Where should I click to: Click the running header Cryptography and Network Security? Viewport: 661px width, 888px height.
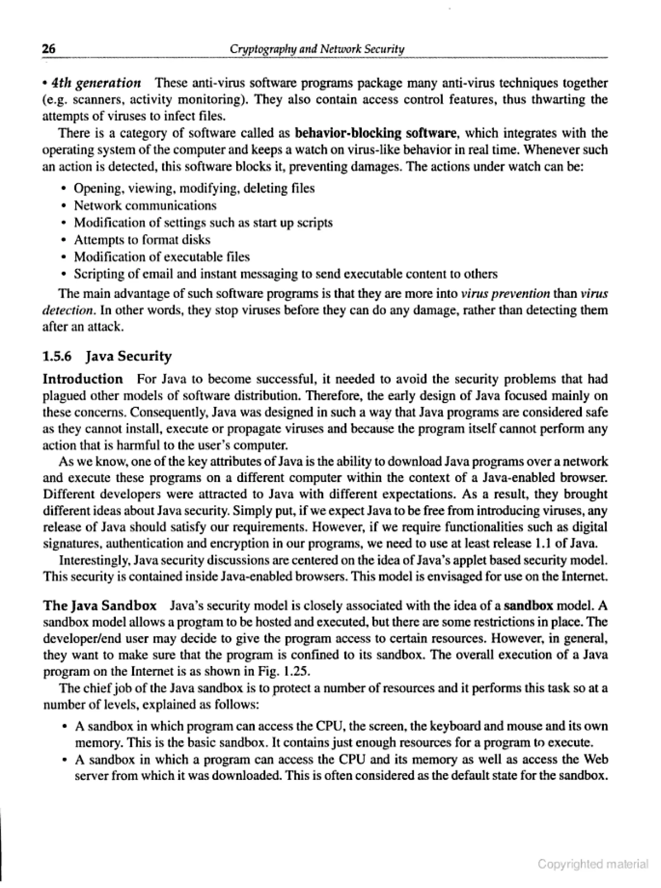(317, 49)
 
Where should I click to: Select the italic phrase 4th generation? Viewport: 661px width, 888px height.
(97, 83)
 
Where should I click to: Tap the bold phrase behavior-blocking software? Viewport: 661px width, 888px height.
(376, 133)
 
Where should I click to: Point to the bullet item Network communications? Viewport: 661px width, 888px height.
(145, 205)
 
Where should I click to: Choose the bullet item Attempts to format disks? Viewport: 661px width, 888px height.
(142, 240)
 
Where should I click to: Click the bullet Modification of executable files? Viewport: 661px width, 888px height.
(162, 257)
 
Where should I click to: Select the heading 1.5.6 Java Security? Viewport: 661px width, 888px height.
(107, 356)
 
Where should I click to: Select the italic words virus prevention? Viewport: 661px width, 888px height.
(506, 294)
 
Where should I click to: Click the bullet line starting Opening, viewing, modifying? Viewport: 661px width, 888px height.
(194, 188)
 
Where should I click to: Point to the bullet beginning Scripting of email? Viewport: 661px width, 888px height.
(286, 274)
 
